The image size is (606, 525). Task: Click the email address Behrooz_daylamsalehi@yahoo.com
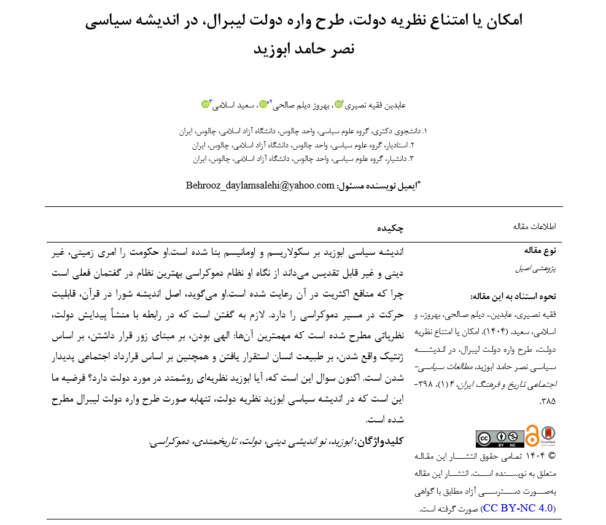click(x=260, y=185)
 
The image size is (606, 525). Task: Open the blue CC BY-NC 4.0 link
click(x=519, y=508)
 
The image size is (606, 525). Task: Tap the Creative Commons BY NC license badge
click(x=499, y=438)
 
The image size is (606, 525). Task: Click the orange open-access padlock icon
click(x=532, y=435)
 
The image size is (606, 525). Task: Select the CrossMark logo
click(x=548, y=435)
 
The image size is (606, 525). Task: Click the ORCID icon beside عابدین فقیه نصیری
click(x=339, y=104)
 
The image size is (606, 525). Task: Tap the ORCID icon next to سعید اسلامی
click(x=206, y=104)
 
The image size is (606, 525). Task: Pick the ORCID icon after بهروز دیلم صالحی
click(x=263, y=104)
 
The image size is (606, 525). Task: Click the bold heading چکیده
click(x=390, y=228)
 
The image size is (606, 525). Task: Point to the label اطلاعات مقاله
click(x=534, y=227)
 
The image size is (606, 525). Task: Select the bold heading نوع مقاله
click(x=540, y=251)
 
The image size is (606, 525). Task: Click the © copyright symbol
click(x=551, y=456)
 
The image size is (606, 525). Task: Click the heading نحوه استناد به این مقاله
click(x=518, y=297)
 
